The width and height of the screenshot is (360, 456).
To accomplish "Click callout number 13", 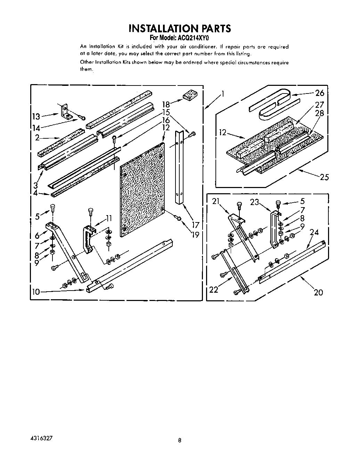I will click(x=36, y=116).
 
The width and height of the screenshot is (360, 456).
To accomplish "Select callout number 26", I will click(x=319, y=93).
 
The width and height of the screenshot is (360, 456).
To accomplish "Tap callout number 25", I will click(x=324, y=177).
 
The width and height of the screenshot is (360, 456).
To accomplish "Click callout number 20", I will click(x=318, y=292).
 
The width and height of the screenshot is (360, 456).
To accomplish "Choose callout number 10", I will click(x=36, y=292).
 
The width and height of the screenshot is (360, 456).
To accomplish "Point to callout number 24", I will click(x=314, y=232).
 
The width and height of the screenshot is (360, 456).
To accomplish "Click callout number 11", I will click(x=109, y=219).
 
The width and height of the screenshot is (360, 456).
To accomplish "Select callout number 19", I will click(x=195, y=235).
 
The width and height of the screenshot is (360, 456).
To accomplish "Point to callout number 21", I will click(x=216, y=201).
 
